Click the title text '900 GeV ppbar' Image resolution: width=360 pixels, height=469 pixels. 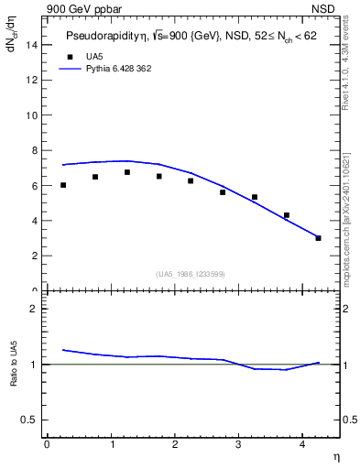pyautogui.click(x=78, y=7)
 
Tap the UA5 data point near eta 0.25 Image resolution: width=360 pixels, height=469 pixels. pyautogui.click(x=63, y=185)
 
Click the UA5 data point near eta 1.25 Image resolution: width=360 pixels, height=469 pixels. pyautogui.click(x=127, y=172)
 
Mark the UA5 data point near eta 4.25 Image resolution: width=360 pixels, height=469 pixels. pyautogui.click(x=318, y=238)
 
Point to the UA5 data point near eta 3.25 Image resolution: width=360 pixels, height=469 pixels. pyautogui.click(x=255, y=197)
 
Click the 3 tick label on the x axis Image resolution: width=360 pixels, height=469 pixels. pyautogui.click(x=238, y=444)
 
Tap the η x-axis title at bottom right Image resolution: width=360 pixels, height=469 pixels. pyautogui.click(x=335, y=456)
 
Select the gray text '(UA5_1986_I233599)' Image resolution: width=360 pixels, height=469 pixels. pyautogui.click(x=191, y=274)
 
